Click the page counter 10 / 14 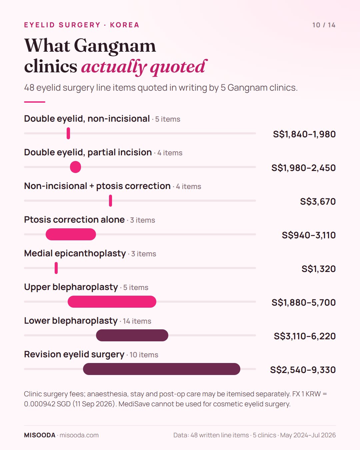pyautogui.click(x=324, y=25)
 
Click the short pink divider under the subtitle pyautogui.click(x=35, y=102)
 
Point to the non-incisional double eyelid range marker pyautogui.click(x=68, y=133)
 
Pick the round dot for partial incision pyautogui.click(x=75, y=167)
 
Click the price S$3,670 pyautogui.click(x=318, y=201)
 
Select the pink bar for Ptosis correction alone pyautogui.click(x=71, y=234)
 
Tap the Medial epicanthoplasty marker pyautogui.click(x=56, y=268)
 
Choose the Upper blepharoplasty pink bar pyautogui.click(x=112, y=302)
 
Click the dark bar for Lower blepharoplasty pyautogui.click(x=132, y=335)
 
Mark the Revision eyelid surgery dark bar pyautogui.click(x=161, y=369)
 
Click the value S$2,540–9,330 pyautogui.click(x=303, y=370)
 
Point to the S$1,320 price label pyautogui.click(x=319, y=269)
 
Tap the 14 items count pyautogui.click(x=137, y=321)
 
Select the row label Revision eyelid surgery pyautogui.click(x=74, y=354)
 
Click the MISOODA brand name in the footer pyautogui.click(x=40, y=435)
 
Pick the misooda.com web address pyautogui.click(x=79, y=435)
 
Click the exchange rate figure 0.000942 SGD pyautogui.click(x=47, y=404)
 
